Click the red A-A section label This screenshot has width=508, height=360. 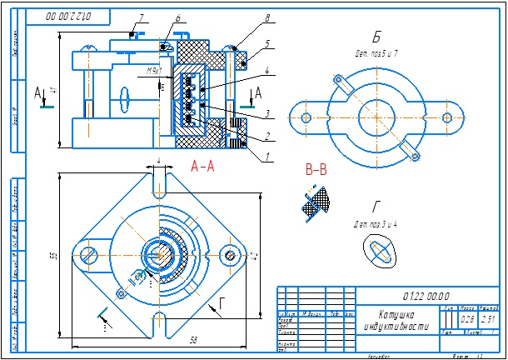[202, 166]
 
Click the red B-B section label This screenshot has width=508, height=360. [317, 170]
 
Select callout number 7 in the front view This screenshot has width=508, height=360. [142, 17]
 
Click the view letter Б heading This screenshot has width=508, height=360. [377, 37]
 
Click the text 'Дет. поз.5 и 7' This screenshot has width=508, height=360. [376, 52]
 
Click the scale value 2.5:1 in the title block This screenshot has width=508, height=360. [488, 319]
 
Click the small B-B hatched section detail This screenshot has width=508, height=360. [316, 200]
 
